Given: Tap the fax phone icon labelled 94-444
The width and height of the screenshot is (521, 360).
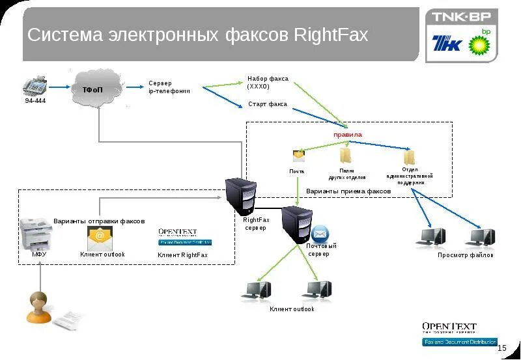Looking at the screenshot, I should pos(35,85).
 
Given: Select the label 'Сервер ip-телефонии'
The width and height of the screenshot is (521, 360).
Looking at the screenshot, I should pos(169,87).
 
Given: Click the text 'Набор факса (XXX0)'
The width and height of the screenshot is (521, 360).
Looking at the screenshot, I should pos(267,83).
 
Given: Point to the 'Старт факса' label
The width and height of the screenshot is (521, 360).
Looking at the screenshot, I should pos(267,104).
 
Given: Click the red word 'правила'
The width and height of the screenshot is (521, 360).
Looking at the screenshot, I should pos(347,134).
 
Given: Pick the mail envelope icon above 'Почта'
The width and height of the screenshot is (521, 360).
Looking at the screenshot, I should pos(298,156).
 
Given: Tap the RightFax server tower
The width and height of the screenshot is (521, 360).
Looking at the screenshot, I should pos(242,196).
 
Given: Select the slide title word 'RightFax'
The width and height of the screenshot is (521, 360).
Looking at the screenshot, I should pos(331,35).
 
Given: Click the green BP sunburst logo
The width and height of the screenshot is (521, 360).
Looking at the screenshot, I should pos(481,44).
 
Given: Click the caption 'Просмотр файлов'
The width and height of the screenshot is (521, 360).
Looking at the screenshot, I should pos(465,255).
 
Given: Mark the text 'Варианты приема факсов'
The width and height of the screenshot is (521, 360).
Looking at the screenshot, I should pos(348,191).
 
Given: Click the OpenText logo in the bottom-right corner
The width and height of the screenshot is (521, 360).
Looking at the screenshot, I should pos(449,328).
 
